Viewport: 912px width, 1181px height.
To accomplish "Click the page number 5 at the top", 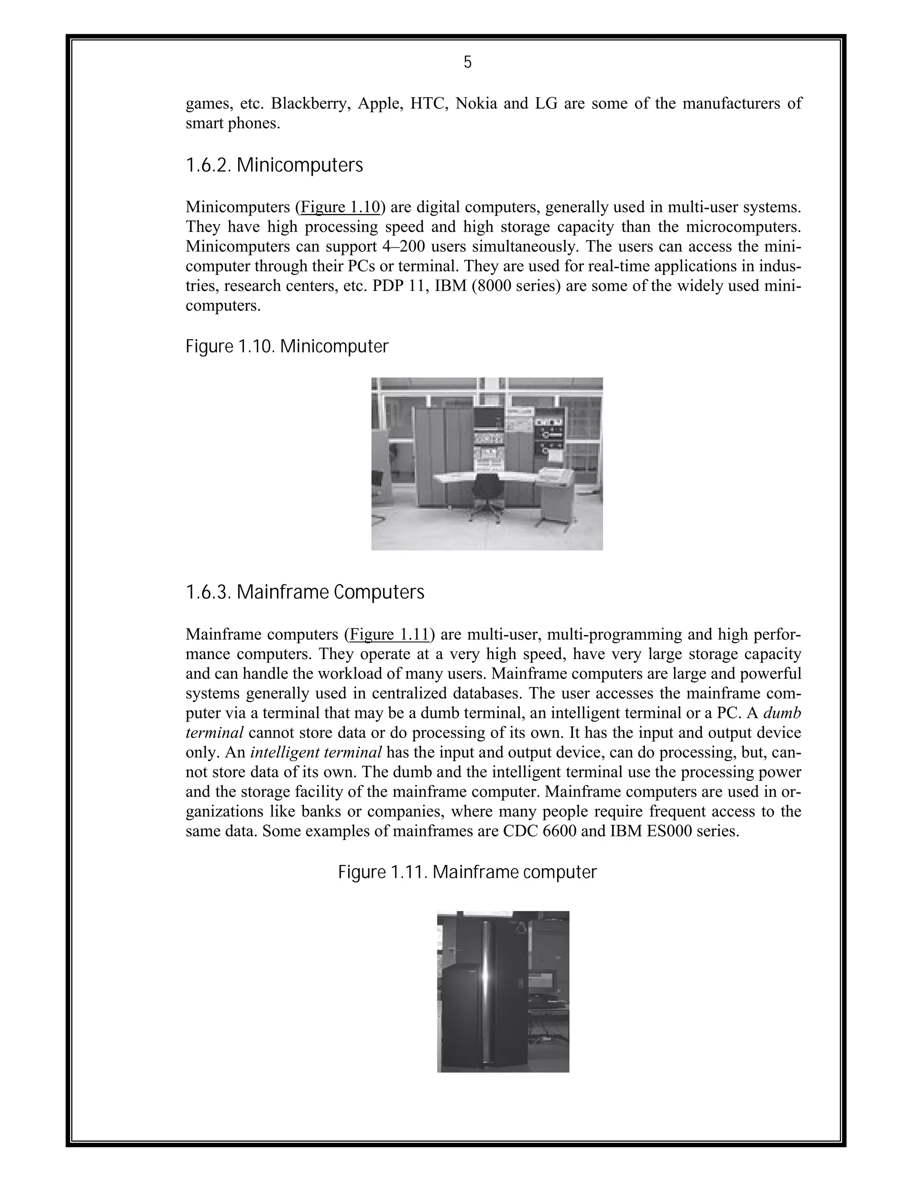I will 467,63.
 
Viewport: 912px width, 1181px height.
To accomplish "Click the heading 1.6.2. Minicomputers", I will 274,165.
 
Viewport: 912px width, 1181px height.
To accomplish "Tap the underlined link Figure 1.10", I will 340,207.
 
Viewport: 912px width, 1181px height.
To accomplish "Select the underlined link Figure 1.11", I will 389,634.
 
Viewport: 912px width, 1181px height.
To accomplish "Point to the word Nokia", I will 476,103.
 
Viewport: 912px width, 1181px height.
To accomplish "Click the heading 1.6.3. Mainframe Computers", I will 305,592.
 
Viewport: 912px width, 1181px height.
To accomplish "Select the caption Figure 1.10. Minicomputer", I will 287,347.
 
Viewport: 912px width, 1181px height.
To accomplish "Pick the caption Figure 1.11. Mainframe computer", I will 467,872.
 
